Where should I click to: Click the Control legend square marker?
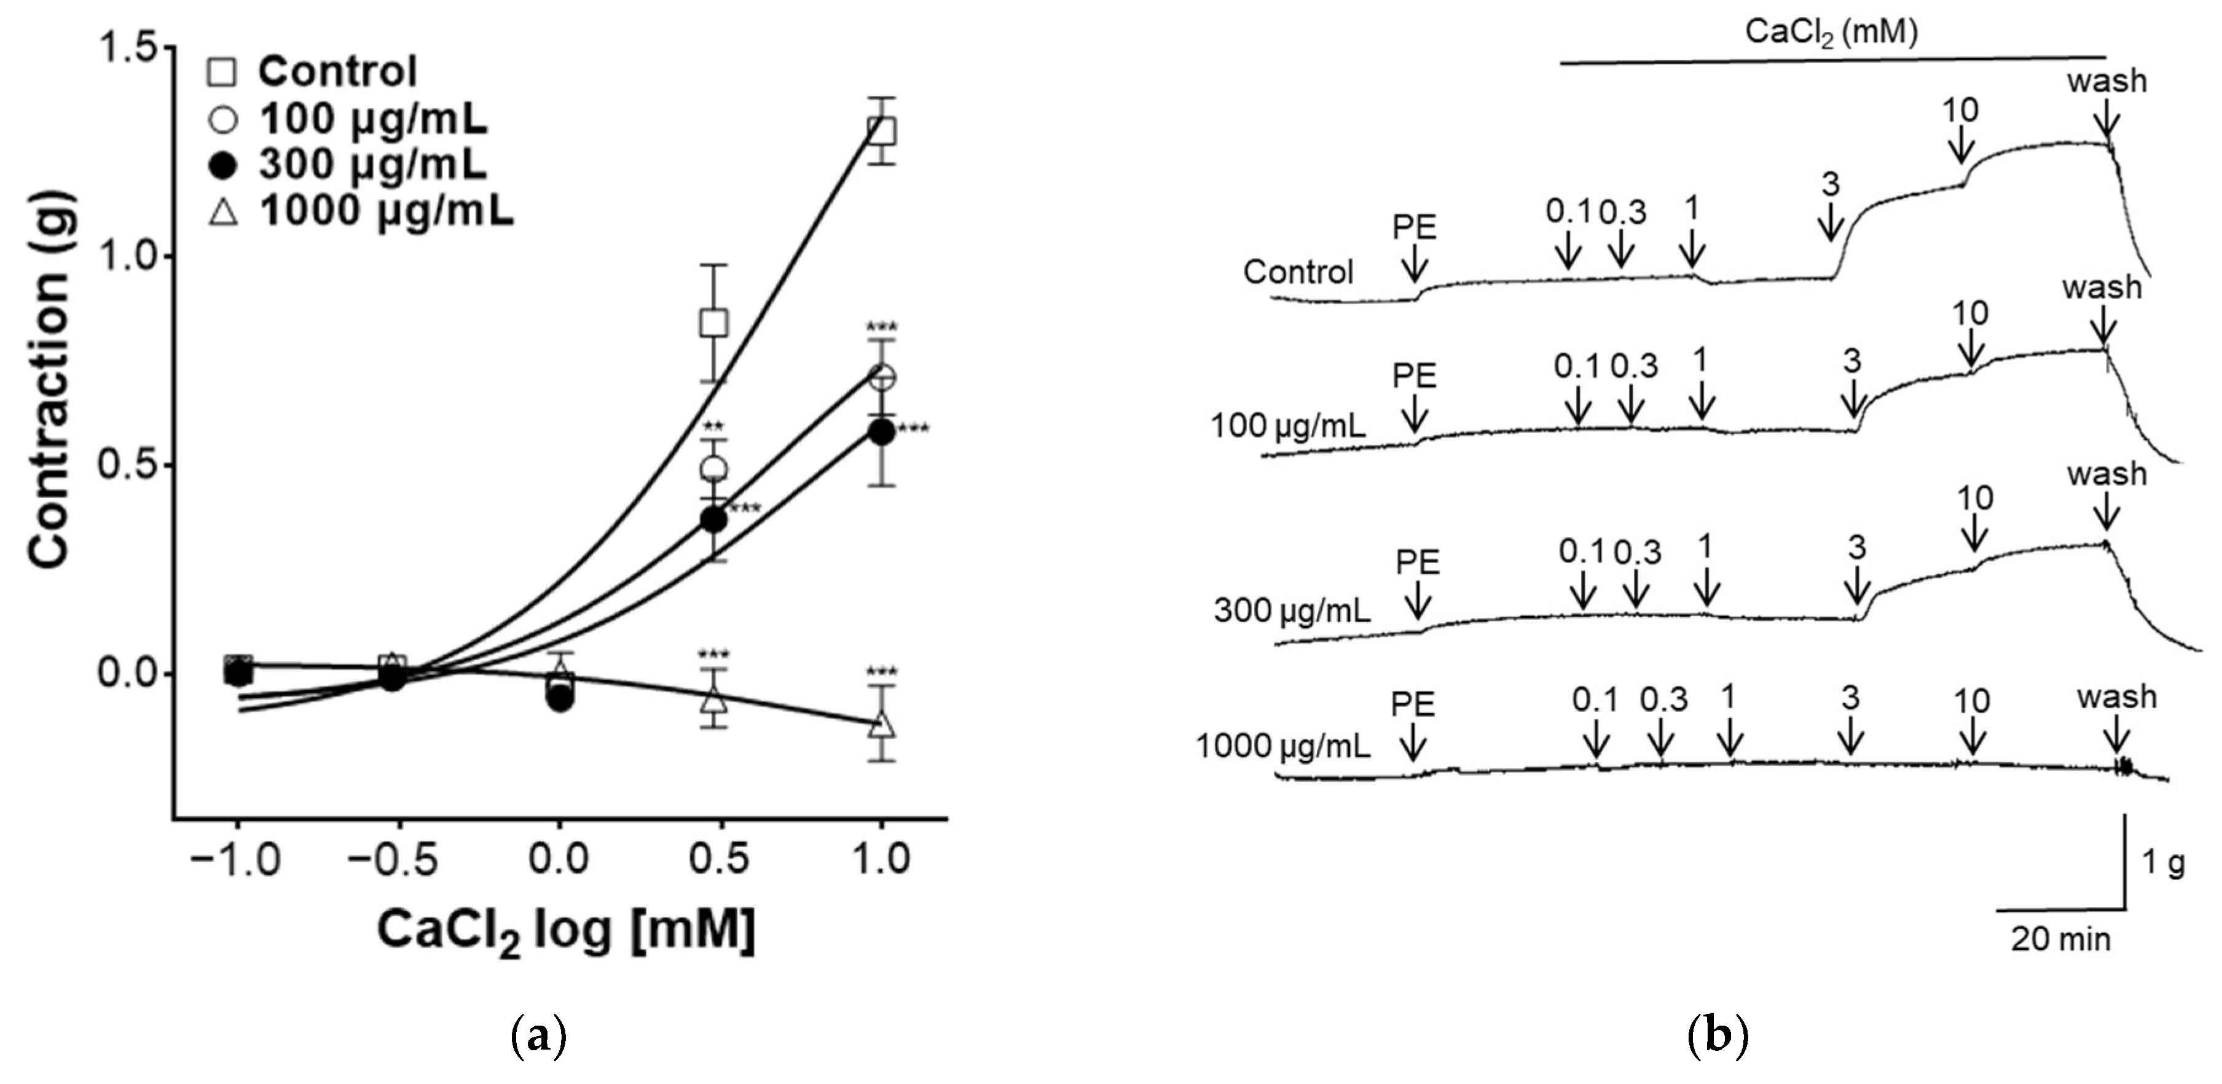(222, 72)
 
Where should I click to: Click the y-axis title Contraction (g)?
(49, 380)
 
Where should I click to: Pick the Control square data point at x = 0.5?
(713, 322)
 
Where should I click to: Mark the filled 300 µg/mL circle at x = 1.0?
(881, 432)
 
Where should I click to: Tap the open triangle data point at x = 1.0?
(881, 723)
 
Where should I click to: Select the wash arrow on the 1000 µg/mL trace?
(2115, 738)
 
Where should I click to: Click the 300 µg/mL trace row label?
(1290, 610)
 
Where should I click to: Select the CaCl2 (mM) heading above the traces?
(1831, 33)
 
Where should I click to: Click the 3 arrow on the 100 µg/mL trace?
(1853, 400)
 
